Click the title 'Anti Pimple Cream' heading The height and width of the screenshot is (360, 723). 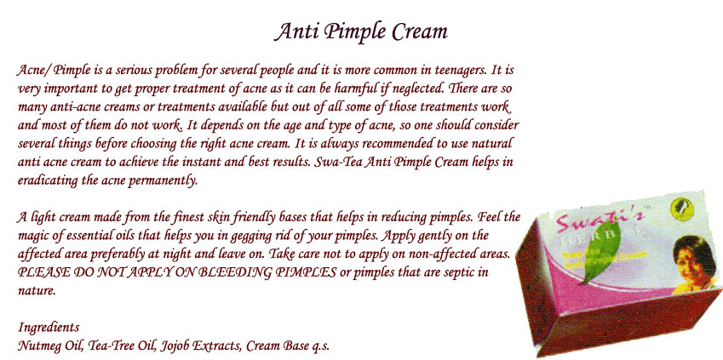361,32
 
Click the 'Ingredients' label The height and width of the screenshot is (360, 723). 49,328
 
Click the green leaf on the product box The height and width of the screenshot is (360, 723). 602,253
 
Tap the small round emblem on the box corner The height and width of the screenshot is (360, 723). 680,206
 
